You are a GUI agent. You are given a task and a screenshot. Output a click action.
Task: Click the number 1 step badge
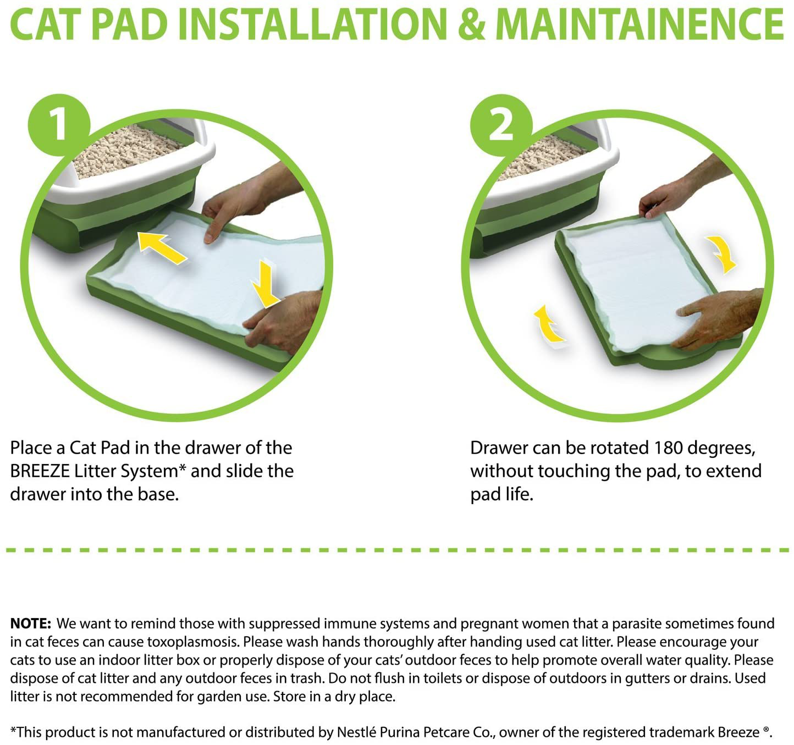(x=59, y=125)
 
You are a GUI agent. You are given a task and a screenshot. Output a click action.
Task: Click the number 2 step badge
(x=501, y=125)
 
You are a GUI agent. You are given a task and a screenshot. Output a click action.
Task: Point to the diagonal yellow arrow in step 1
(x=162, y=248)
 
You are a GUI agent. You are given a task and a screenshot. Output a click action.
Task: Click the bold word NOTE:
(x=30, y=623)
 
